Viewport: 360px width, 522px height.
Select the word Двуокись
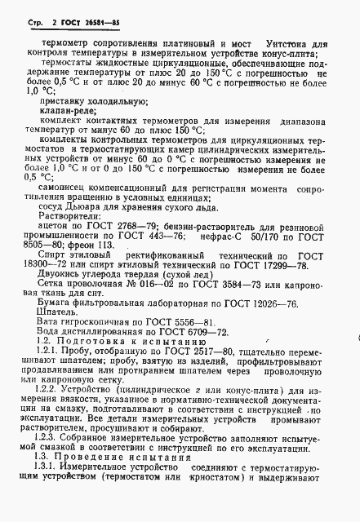(66, 277)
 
